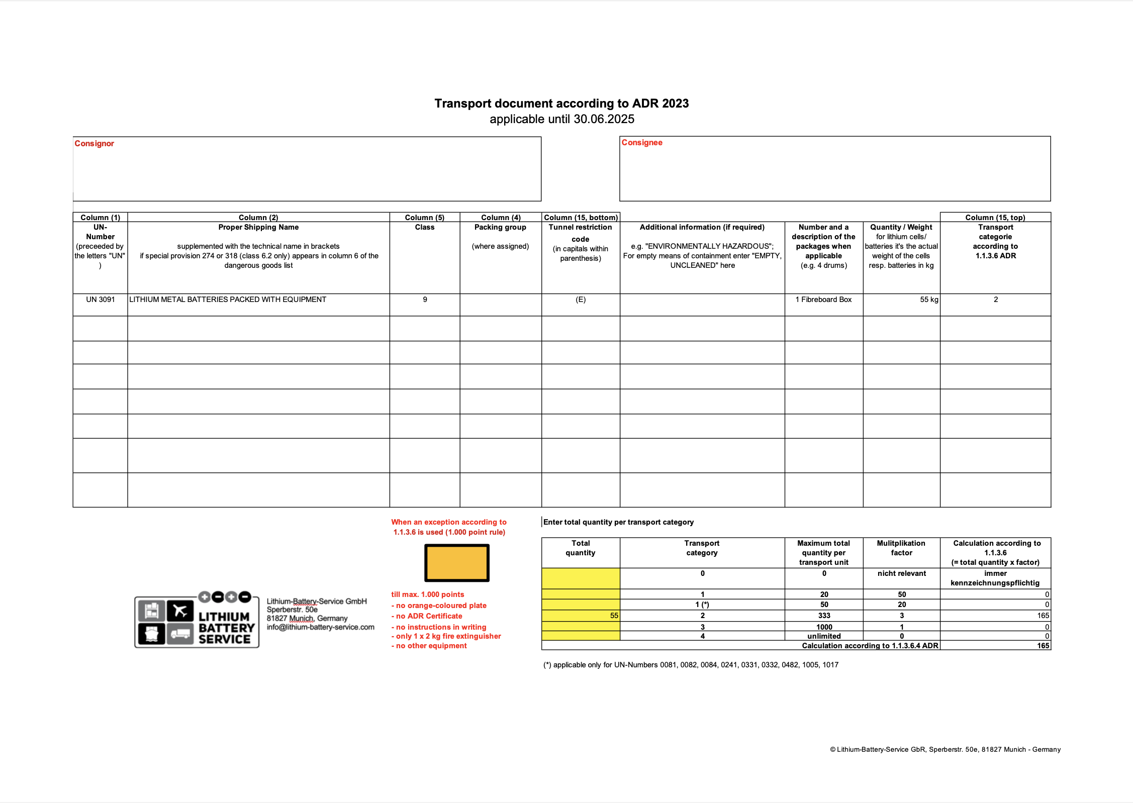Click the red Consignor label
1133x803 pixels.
pyautogui.click(x=94, y=144)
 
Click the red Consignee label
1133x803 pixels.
pyautogui.click(x=642, y=143)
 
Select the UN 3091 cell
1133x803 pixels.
pyautogui.click(x=101, y=299)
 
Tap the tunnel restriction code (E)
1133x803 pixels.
pyautogui.click(x=581, y=299)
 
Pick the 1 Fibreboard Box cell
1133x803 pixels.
pyautogui.click(x=823, y=299)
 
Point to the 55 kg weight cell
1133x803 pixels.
pyautogui.click(x=929, y=299)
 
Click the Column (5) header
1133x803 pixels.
pyautogui.click(x=425, y=218)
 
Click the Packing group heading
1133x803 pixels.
pyautogui.click(x=500, y=227)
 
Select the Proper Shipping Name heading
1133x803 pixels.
pyautogui.click(x=258, y=227)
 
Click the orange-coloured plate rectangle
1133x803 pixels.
pyautogui.click(x=457, y=563)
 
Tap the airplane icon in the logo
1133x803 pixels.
pyautogui.click(x=180, y=611)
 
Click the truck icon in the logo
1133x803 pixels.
pyautogui.click(x=180, y=634)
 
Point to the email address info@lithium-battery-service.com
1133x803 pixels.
pyautogui.click(x=320, y=627)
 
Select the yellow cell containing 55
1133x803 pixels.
pyautogui.click(x=581, y=616)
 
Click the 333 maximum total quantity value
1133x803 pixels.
pyautogui.click(x=824, y=616)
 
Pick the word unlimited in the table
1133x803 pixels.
pyautogui.click(x=824, y=636)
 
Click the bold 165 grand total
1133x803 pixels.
pyautogui.click(x=1043, y=646)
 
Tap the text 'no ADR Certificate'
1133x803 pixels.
pyautogui.click(x=429, y=616)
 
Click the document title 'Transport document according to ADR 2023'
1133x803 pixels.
pyautogui.click(x=561, y=104)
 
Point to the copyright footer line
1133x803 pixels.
pyautogui.click(x=945, y=749)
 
